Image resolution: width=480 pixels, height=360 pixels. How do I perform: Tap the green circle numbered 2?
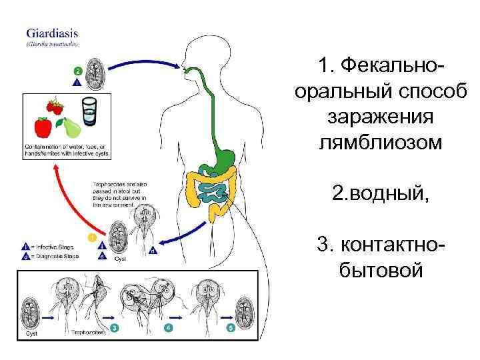pyautogui.click(x=78, y=71)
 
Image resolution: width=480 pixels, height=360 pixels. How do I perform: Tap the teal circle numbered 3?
pyautogui.click(x=115, y=328)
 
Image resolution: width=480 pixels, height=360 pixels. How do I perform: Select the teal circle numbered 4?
pyautogui.click(x=168, y=328)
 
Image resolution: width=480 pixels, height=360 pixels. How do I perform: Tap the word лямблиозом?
pyautogui.click(x=381, y=141)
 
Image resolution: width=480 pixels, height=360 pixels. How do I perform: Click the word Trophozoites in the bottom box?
pyautogui.click(x=88, y=331)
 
